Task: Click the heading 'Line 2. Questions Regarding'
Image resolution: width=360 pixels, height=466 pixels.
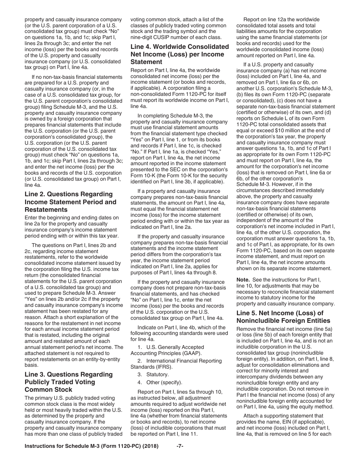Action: [69, 194]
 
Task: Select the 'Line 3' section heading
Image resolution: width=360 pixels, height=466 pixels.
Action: [69, 375]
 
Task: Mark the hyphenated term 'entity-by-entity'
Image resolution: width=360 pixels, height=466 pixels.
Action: [100, 359]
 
